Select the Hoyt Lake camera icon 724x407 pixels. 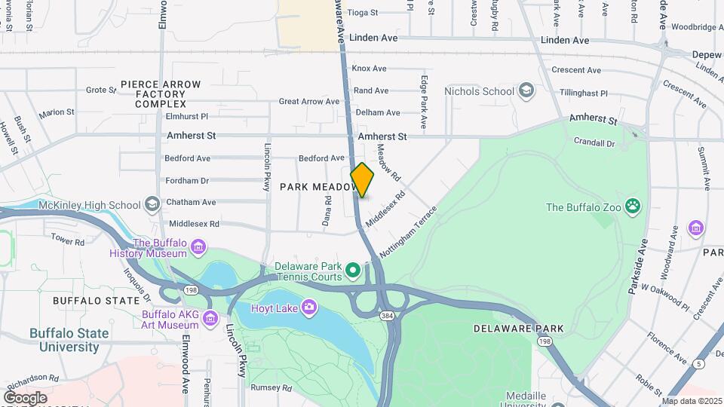click(x=308, y=306)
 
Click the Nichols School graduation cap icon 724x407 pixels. click(x=526, y=91)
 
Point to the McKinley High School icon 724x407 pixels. click(x=152, y=205)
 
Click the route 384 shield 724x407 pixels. click(x=387, y=315)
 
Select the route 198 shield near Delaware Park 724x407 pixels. click(x=543, y=341)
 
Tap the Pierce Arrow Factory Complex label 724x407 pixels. click(x=161, y=93)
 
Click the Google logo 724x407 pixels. click(x=25, y=397)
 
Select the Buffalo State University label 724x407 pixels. click(x=69, y=340)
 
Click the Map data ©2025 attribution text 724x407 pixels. click(x=691, y=401)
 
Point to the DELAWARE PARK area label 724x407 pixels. click(x=518, y=329)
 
